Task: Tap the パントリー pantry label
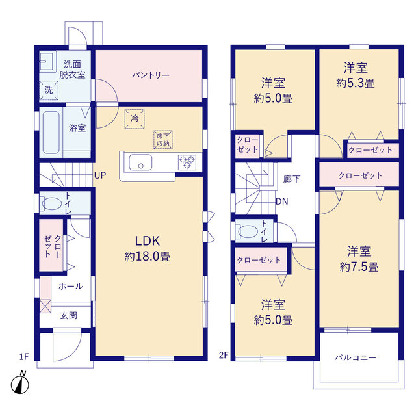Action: coord(151,75)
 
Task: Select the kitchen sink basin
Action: coord(140,162)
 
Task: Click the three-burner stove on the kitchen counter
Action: coord(187,162)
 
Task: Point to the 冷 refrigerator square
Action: coord(135,119)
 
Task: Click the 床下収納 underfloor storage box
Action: coord(163,140)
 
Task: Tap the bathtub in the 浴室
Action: coord(51,133)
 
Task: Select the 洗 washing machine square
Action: coord(49,90)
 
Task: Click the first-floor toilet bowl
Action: coord(51,203)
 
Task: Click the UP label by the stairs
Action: coord(100,175)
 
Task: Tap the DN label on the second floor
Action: coord(281,201)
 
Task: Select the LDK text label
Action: coord(148,241)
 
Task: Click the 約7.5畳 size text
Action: coord(359,267)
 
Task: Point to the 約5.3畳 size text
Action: coord(356,83)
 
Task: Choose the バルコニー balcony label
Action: coord(356,357)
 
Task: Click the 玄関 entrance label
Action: coord(69,315)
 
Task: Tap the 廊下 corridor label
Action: coord(292,179)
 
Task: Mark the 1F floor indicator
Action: coord(24,357)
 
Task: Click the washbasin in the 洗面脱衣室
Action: coord(47,62)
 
